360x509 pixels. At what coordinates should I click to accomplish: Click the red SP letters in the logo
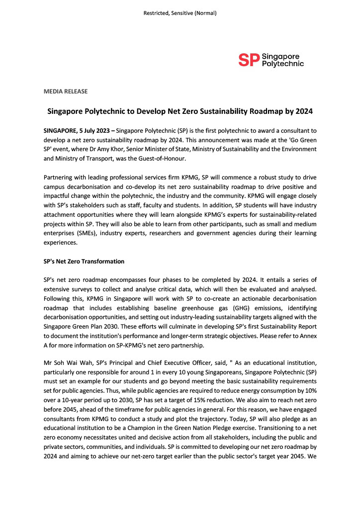[x=249, y=60]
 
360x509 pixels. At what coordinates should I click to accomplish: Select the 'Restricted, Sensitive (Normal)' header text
[x=180, y=13]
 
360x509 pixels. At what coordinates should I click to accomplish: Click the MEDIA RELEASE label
[x=66, y=91]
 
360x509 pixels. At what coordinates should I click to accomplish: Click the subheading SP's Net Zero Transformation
[x=84, y=261]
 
